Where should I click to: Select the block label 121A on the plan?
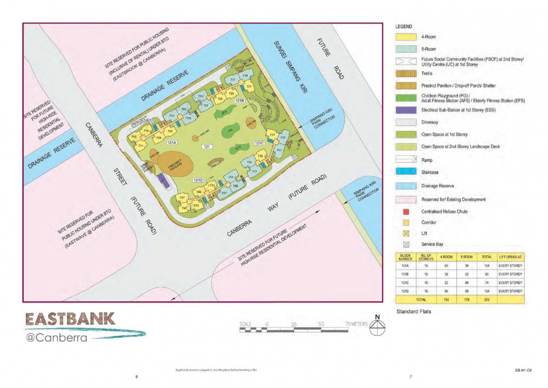tap(171, 142)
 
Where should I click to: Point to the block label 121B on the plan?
tap(239, 101)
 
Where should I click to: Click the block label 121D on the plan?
tap(198, 180)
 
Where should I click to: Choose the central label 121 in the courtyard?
tap(207, 147)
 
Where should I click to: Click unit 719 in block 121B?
tap(245, 75)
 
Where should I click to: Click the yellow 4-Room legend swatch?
tap(405, 37)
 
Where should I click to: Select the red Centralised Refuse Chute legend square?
tap(405, 212)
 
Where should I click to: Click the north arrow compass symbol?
tap(378, 327)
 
